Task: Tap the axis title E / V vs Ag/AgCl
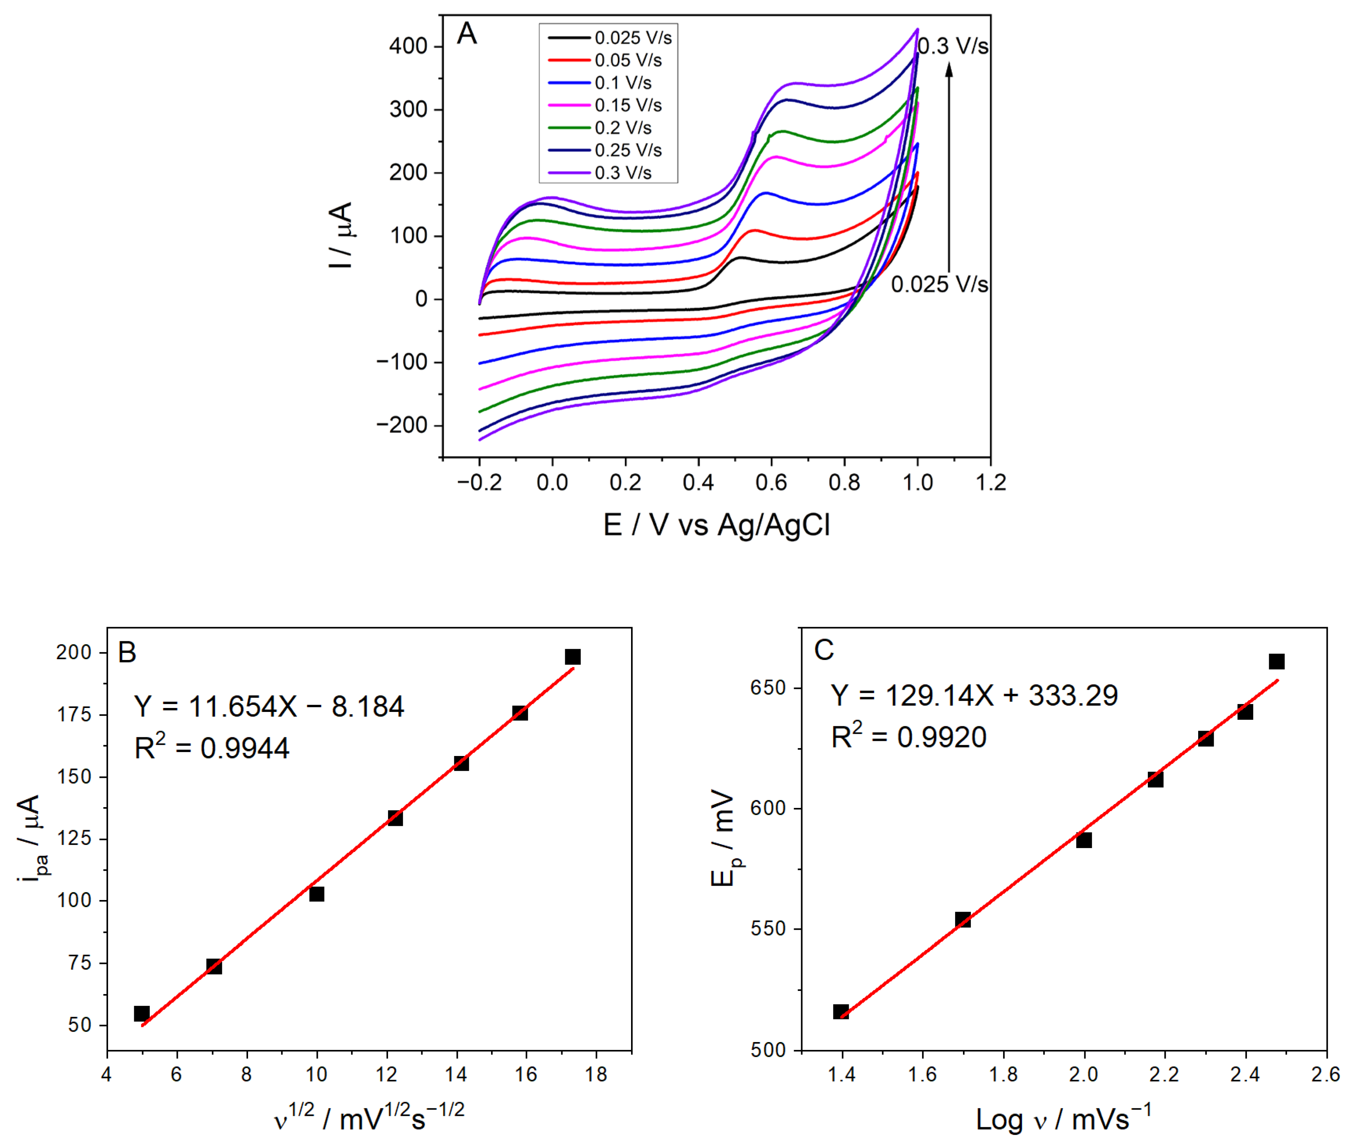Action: point(716,525)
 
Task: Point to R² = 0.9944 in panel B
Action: point(211,748)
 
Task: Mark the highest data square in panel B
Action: point(573,657)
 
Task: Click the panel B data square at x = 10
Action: point(316,894)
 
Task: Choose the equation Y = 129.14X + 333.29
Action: point(974,695)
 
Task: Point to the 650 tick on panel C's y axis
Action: point(768,688)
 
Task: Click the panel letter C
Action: point(824,650)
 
